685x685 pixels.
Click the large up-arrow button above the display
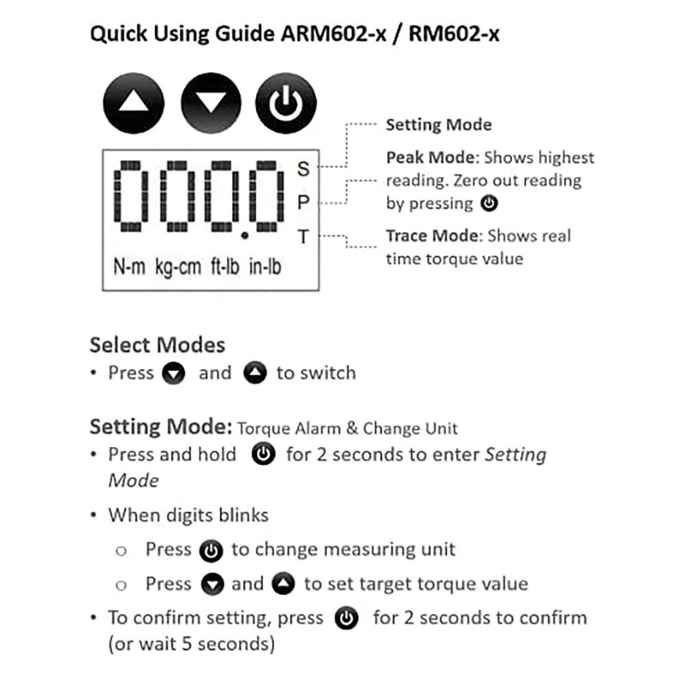pos(133,104)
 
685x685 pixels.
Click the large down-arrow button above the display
pos(211,104)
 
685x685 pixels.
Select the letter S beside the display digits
pos(303,169)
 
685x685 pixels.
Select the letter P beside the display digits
pos(303,203)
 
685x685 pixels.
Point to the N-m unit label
pos(129,266)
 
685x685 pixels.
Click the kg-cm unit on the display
pos(177,266)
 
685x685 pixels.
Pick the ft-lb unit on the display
pos(225,266)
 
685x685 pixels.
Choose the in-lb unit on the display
pos(266,266)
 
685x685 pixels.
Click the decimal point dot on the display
pos(245,234)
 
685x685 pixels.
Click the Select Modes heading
pos(158,345)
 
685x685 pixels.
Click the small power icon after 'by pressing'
pos(488,204)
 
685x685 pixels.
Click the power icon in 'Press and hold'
pos(264,455)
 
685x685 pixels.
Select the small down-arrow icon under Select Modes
pos(175,374)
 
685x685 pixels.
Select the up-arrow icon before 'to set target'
pos(283,585)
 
